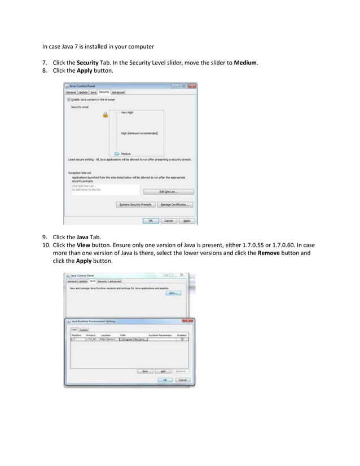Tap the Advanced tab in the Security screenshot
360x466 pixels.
pyautogui.click(x=118, y=92)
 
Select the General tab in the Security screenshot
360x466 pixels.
pyautogui.click(x=71, y=92)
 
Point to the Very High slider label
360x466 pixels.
pyautogui.click(x=128, y=112)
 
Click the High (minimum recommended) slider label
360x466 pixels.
pyautogui.click(x=139, y=133)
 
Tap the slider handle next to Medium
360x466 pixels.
pyautogui.click(x=117, y=153)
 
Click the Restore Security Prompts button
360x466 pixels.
pyautogui.click(x=135, y=204)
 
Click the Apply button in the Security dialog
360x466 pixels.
pyautogui.click(x=187, y=221)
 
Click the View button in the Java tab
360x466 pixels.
pyautogui.click(x=173, y=293)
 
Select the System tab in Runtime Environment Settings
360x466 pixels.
pyautogui.click(x=84, y=329)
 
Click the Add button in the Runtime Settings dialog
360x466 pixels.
pyautogui.click(x=163, y=371)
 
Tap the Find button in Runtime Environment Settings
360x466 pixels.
pyautogui.click(x=144, y=371)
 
